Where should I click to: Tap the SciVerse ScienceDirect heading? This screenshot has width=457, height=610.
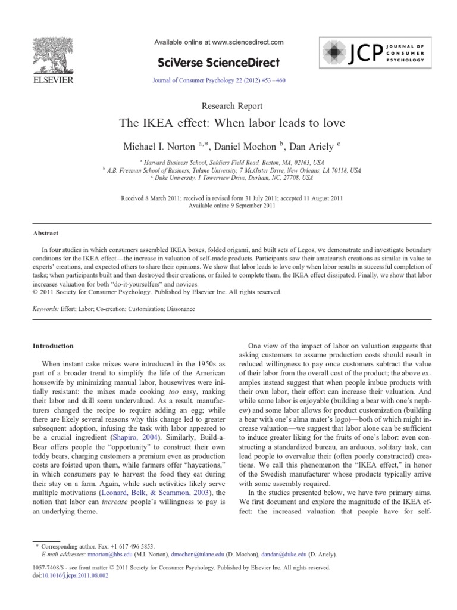pos(219,61)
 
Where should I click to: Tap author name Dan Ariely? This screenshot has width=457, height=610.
pos(312,147)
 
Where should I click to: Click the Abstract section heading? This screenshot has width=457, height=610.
pos(45,234)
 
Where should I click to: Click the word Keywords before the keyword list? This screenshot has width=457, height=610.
pos(45,309)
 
